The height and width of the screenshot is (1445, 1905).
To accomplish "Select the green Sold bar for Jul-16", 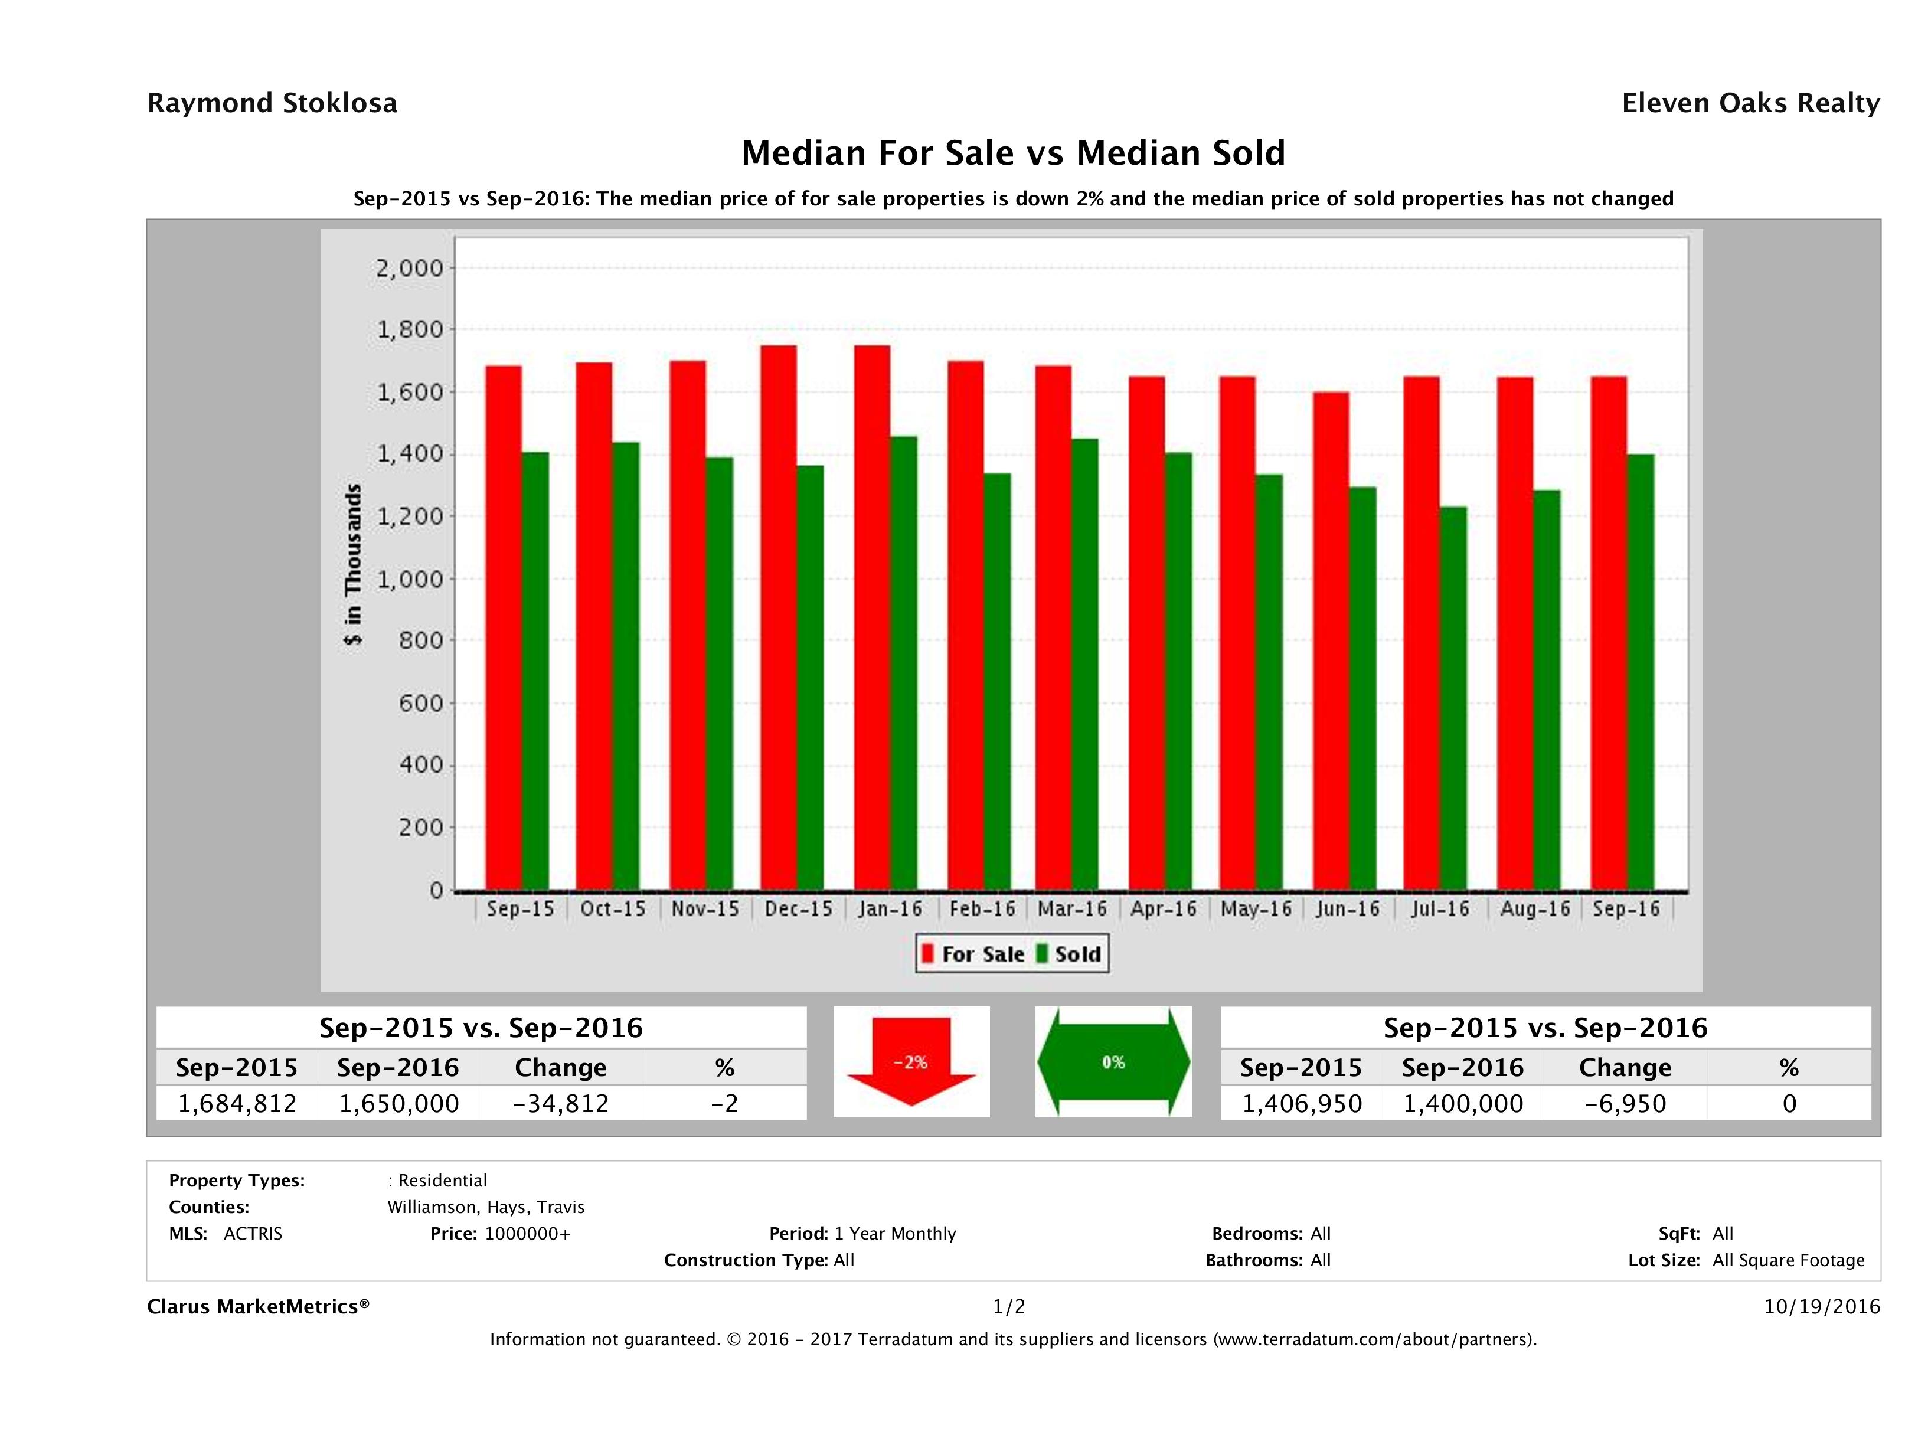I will click(x=1452, y=698).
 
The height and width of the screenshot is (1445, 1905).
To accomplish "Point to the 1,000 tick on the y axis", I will click(x=409, y=578).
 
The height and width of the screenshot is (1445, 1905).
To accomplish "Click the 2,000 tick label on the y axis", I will click(x=409, y=268).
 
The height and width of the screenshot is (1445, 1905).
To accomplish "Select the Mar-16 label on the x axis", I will click(x=1072, y=908).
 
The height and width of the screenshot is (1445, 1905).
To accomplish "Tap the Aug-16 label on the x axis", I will click(x=1535, y=908).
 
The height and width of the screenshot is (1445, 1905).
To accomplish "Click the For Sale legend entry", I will click(x=973, y=954).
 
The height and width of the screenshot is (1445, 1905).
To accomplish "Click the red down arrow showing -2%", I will click(x=910, y=1062).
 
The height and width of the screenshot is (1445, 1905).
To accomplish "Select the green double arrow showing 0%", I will click(x=1113, y=1062).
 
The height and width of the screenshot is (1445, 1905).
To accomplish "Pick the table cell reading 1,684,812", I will click(x=237, y=1103).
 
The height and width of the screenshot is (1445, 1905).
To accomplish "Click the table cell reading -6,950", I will click(x=1625, y=1103).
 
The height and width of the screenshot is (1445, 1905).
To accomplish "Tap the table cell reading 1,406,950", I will click(x=1301, y=1103).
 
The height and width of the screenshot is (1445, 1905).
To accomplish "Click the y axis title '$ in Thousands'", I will click(x=353, y=564).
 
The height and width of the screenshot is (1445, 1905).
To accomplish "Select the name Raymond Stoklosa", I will click(x=272, y=103).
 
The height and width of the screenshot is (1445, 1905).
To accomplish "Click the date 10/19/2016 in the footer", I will click(x=1821, y=1306).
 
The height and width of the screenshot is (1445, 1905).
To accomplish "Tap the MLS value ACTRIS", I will click(x=252, y=1233).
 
